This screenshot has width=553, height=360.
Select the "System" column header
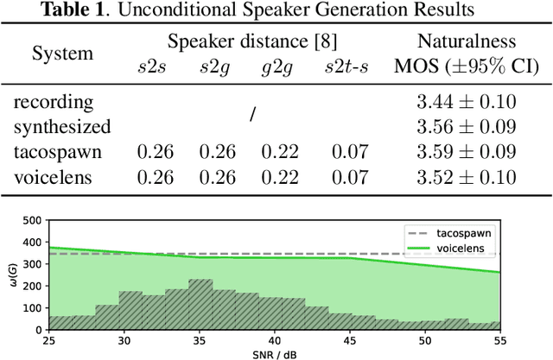click(62, 53)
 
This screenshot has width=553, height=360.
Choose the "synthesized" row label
click(62, 127)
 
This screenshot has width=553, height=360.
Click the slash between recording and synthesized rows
click(252, 114)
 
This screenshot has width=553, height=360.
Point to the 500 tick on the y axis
click(35, 220)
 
